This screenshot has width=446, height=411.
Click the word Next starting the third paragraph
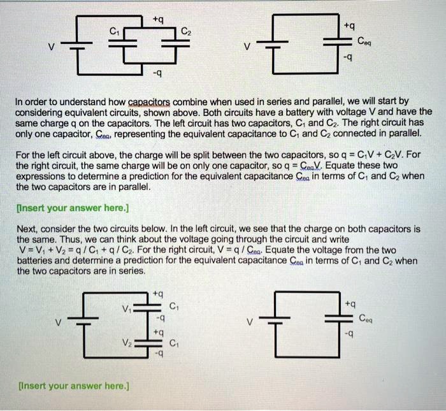point(27,228)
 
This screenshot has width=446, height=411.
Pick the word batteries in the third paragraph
point(37,261)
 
